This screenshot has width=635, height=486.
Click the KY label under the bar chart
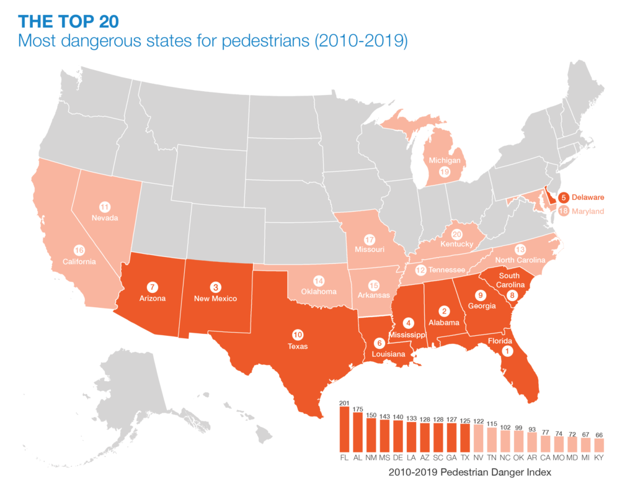click(599, 458)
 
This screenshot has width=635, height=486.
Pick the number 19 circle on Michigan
click(444, 172)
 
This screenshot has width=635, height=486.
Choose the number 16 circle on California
click(79, 250)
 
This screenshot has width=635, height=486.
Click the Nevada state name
click(105, 218)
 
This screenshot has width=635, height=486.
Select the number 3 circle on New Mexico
click(215, 287)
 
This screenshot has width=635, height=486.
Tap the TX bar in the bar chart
click(466, 438)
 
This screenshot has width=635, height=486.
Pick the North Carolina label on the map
click(521, 260)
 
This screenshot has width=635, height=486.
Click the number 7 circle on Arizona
click(151, 287)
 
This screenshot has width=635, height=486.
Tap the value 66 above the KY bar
click(599, 435)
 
